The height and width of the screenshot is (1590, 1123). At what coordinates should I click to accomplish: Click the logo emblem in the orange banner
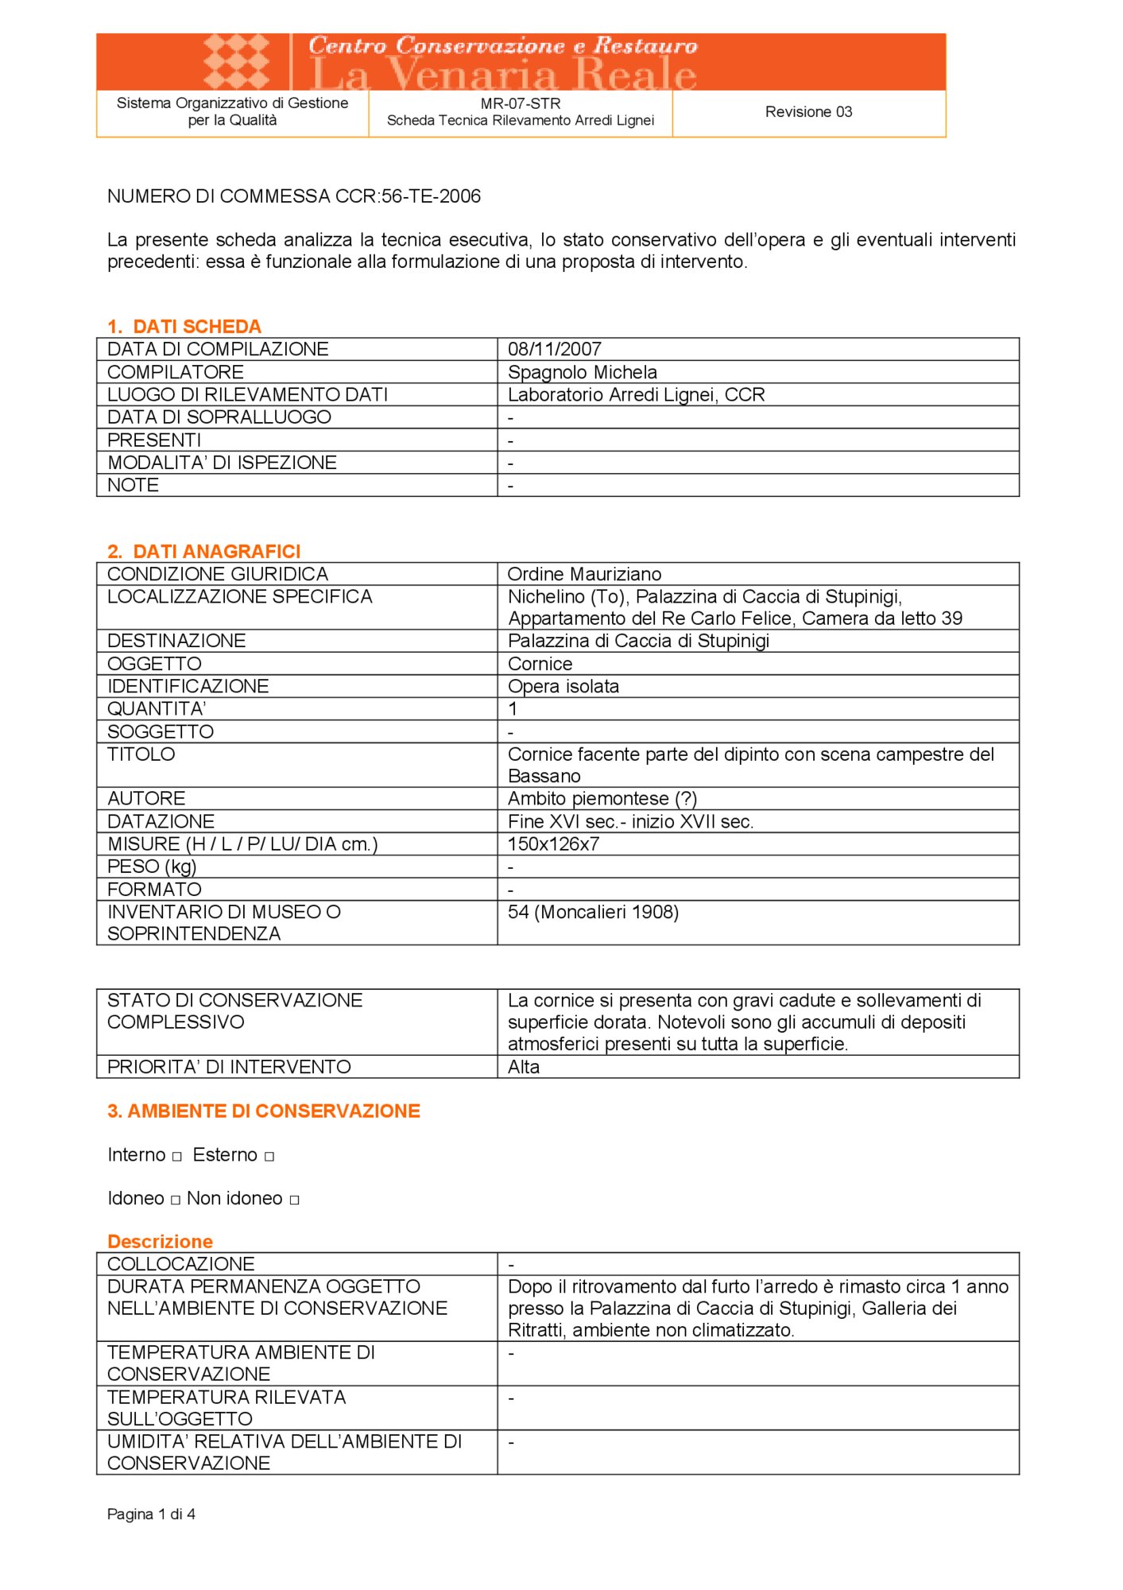pos(236,61)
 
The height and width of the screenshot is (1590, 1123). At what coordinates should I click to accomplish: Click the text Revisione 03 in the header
pos(808,112)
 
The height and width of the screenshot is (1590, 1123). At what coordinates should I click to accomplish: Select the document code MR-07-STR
pos(521,103)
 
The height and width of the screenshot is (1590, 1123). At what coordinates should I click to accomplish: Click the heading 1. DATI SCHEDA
pos(184,327)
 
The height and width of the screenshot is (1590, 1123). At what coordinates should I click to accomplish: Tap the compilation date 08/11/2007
pos(555,349)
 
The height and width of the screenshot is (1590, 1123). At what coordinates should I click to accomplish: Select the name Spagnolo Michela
pos(583,372)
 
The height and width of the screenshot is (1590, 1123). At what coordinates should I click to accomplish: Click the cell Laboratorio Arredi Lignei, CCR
pos(636,395)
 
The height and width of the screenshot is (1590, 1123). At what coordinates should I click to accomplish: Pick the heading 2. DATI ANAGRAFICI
pos(204,552)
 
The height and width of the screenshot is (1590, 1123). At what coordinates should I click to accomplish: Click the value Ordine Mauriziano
pos(584,574)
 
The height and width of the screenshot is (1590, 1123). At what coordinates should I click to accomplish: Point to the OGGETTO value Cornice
pos(540,664)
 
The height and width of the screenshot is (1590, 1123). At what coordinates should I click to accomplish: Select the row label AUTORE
pos(146,798)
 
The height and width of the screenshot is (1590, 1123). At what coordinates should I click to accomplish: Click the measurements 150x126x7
pos(553,844)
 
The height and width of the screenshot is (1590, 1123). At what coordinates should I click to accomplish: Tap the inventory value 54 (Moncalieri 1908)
pos(593,912)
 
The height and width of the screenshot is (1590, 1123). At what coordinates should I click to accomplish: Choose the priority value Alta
pos(524,1067)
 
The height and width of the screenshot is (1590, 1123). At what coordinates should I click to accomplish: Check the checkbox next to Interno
pos(177,1157)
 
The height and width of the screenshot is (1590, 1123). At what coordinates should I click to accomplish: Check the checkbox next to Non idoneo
pos(294,1200)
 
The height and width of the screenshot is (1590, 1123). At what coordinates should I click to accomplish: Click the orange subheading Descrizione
pos(161,1242)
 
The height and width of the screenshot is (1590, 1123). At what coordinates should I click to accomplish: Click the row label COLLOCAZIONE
pos(181,1264)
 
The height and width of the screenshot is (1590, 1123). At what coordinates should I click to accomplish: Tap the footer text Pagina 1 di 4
pos(151,1514)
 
